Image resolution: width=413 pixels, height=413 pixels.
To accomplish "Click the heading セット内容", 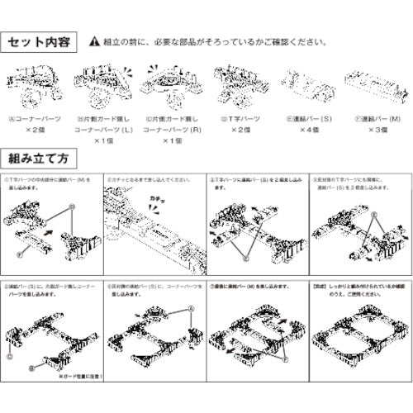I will click(39, 40).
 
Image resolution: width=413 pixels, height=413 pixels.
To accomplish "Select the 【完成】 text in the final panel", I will click(321, 284).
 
